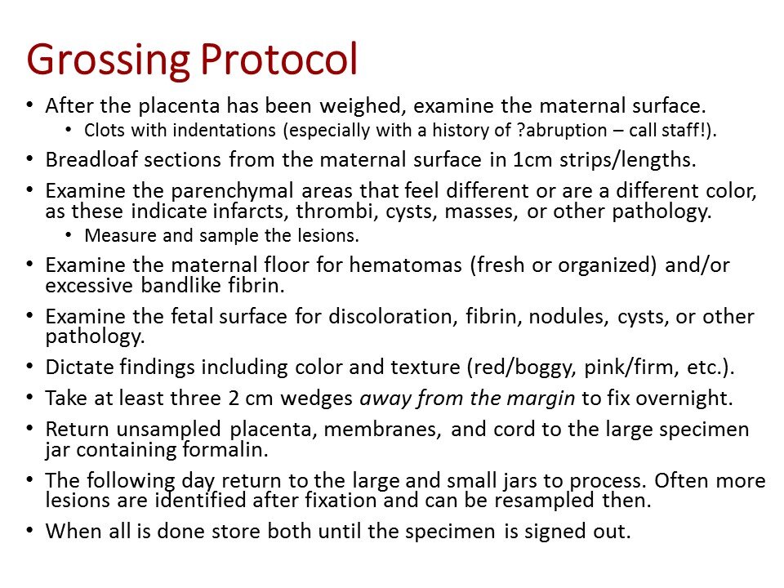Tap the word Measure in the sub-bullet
112,236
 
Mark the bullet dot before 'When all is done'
30,531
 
